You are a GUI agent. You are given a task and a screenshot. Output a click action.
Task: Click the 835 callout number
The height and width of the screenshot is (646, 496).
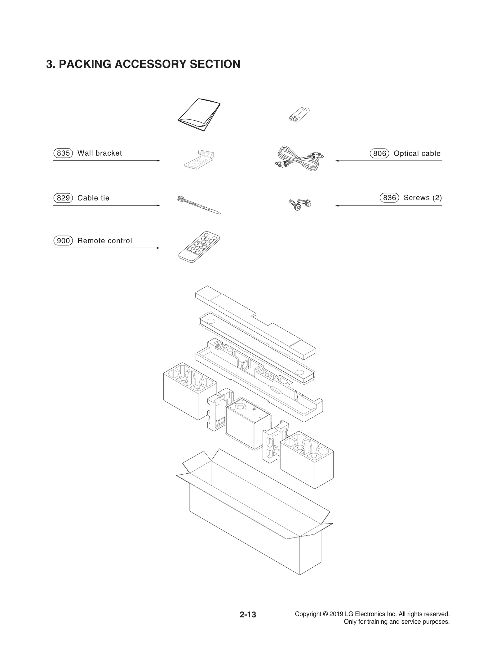pyautogui.click(x=63, y=153)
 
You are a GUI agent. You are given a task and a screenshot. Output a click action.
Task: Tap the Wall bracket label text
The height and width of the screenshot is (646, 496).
pyautogui.click(x=100, y=153)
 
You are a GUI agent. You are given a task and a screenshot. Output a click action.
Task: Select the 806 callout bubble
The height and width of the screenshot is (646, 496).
pyautogui.click(x=379, y=153)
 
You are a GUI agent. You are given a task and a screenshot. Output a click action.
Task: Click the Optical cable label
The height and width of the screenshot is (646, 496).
pyautogui.click(x=417, y=153)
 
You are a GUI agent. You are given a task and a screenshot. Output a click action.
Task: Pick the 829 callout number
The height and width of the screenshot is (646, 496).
pyautogui.click(x=63, y=198)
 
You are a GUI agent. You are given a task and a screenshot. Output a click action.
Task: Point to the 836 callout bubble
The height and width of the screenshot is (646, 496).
pyautogui.click(x=389, y=198)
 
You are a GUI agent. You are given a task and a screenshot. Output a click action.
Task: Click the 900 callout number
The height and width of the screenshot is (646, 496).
pyautogui.click(x=63, y=241)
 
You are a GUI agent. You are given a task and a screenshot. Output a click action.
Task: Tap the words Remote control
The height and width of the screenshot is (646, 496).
pyautogui.click(x=104, y=241)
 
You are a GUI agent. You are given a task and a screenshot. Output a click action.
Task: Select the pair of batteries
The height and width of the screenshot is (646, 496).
pyautogui.click(x=299, y=114)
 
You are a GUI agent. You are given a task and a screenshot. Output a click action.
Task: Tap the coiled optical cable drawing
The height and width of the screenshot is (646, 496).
pyautogui.click(x=299, y=159)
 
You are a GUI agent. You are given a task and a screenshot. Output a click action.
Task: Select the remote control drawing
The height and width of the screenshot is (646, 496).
pyautogui.click(x=199, y=247)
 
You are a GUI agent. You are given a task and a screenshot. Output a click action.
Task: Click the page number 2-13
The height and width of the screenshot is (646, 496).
pyautogui.click(x=248, y=614)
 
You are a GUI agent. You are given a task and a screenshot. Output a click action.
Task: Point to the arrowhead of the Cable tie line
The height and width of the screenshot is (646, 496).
pyautogui.click(x=158, y=206)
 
